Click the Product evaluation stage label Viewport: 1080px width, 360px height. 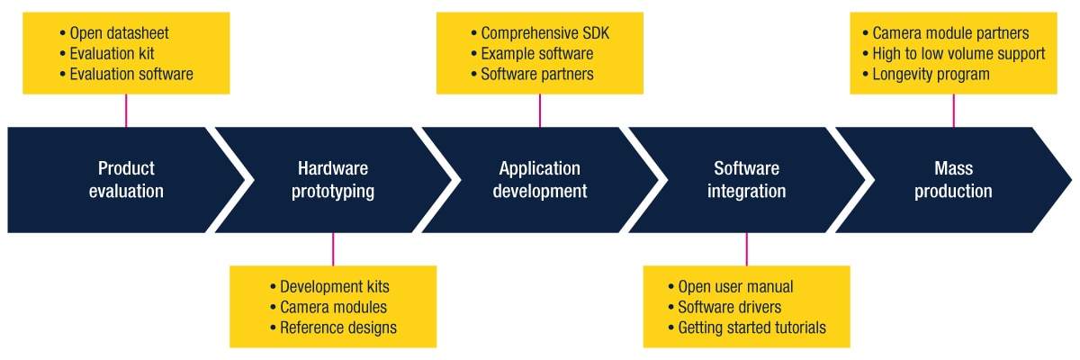coord(126,180)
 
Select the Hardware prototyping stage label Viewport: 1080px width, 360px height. coord(333,180)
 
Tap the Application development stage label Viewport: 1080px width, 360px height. coord(540,180)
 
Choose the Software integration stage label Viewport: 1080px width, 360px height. coord(747,180)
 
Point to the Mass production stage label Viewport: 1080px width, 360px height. coord(953,180)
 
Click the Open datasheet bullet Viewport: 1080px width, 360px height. coord(119,34)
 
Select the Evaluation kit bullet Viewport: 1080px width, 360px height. coord(112,54)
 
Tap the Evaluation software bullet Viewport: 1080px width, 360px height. coord(130,75)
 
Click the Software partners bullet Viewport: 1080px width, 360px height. coord(536,75)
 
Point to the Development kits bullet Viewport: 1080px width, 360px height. coord(334,287)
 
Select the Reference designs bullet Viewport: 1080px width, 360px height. coord(337,328)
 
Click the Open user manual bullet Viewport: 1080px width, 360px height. coord(735,287)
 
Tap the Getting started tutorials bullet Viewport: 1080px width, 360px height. coord(751,328)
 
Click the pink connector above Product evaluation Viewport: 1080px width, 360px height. coord(126,110)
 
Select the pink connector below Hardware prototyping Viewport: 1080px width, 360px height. coord(333,249)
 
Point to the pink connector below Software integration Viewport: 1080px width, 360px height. coord(747,249)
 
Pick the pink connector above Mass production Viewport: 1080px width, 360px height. coord(953,110)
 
